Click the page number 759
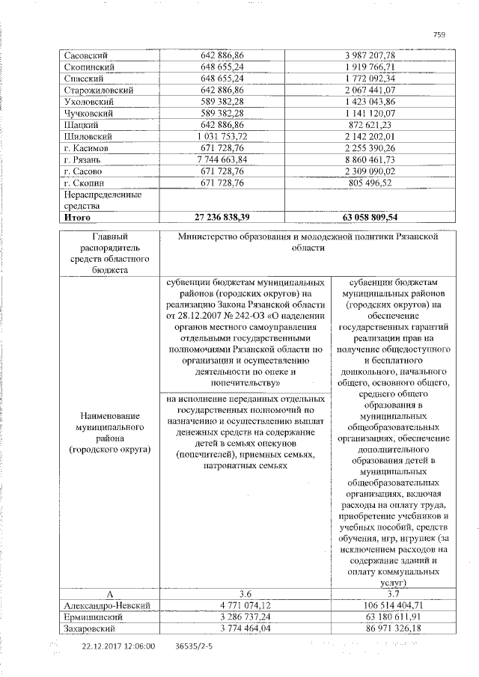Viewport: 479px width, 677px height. [x=439, y=33]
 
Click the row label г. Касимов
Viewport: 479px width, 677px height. [x=87, y=148]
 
